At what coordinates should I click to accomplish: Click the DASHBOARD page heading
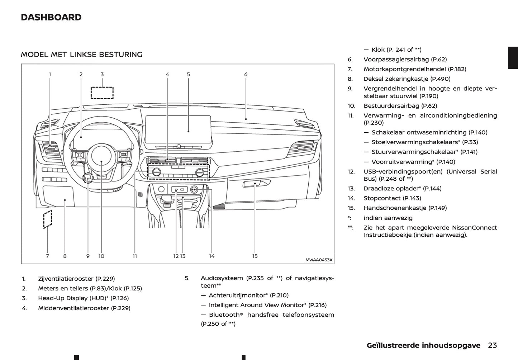coord(51,17)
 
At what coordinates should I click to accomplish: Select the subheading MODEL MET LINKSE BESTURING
coord(81,55)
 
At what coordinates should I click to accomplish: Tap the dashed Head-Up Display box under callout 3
coord(102,93)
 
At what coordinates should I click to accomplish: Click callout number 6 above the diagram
coord(246,75)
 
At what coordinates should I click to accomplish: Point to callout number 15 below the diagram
coord(255,256)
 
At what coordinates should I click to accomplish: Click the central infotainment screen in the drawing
coord(179,129)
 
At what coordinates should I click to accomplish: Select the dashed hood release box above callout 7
coord(47,219)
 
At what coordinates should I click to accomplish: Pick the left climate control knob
coord(156,172)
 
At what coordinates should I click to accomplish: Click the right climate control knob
coord(200,172)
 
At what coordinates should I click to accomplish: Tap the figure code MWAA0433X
coord(319,260)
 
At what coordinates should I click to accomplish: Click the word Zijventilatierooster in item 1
coord(66,279)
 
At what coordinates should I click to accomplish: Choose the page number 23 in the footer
coord(492,345)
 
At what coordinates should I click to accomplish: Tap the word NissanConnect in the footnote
coord(474,228)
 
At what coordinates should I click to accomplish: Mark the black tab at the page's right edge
coord(513,58)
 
